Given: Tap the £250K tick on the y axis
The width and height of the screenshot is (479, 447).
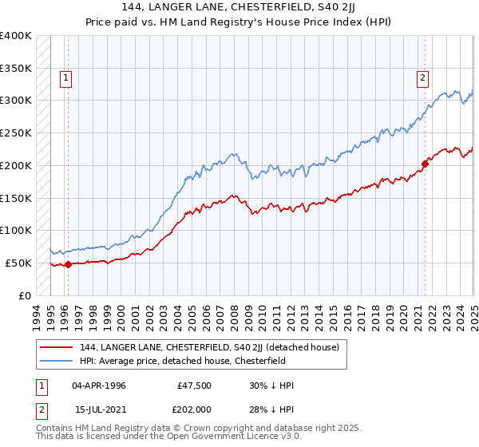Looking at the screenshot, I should click(x=16, y=133).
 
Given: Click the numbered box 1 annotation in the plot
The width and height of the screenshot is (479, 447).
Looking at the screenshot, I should click(x=65, y=78).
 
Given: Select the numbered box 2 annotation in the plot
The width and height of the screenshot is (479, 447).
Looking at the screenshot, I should click(x=422, y=78).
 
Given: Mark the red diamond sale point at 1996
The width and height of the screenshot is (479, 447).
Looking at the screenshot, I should click(x=68, y=264).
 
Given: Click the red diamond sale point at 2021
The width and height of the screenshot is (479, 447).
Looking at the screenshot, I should click(x=424, y=164).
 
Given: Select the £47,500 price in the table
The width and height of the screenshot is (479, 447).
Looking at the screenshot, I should click(x=195, y=386).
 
